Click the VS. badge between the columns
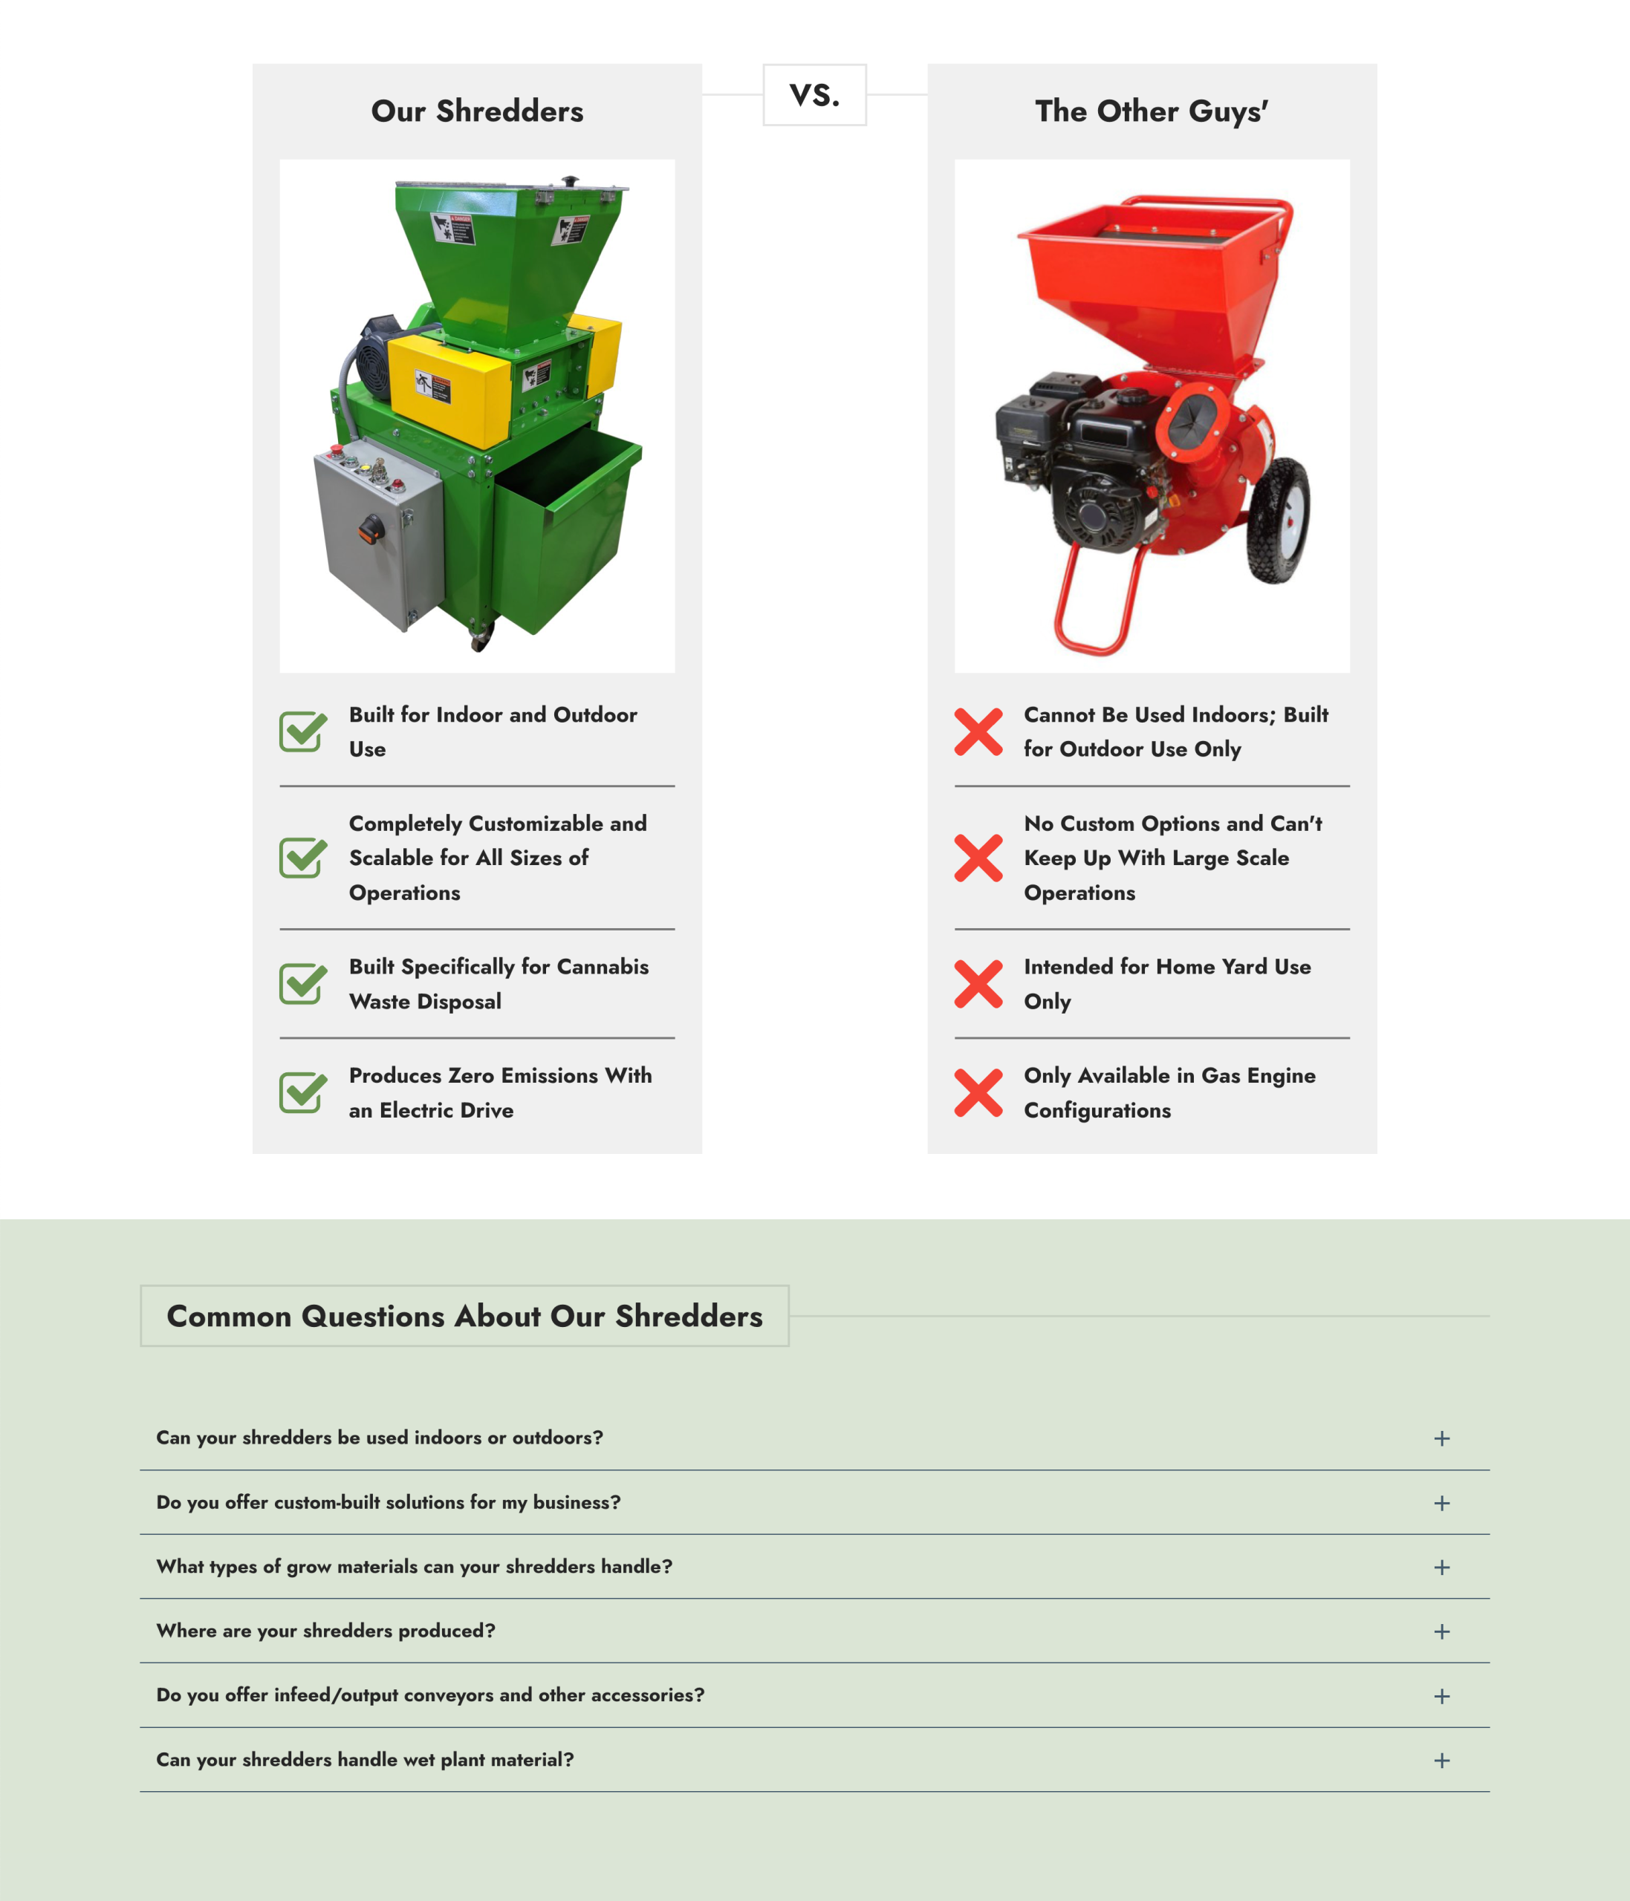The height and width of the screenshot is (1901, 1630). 814,94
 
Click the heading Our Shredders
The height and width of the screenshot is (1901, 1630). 476,111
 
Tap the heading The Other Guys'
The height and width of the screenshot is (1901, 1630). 1151,111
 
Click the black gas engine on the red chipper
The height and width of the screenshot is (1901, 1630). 1079,459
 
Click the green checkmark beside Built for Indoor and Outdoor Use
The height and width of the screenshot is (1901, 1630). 303,731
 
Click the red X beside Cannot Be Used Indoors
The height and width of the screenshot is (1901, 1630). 978,731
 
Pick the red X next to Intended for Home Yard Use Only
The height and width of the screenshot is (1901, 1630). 978,983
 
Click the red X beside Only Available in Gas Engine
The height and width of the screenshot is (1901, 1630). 978,1093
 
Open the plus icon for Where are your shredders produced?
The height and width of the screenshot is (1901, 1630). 1442,1631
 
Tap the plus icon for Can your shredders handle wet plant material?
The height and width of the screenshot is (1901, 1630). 1442,1760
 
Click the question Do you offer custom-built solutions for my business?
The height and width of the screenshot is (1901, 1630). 389,1502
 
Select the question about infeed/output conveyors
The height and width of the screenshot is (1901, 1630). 430,1695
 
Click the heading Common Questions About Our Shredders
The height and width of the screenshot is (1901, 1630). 464,1316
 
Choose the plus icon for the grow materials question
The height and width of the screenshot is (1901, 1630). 1442,1567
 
